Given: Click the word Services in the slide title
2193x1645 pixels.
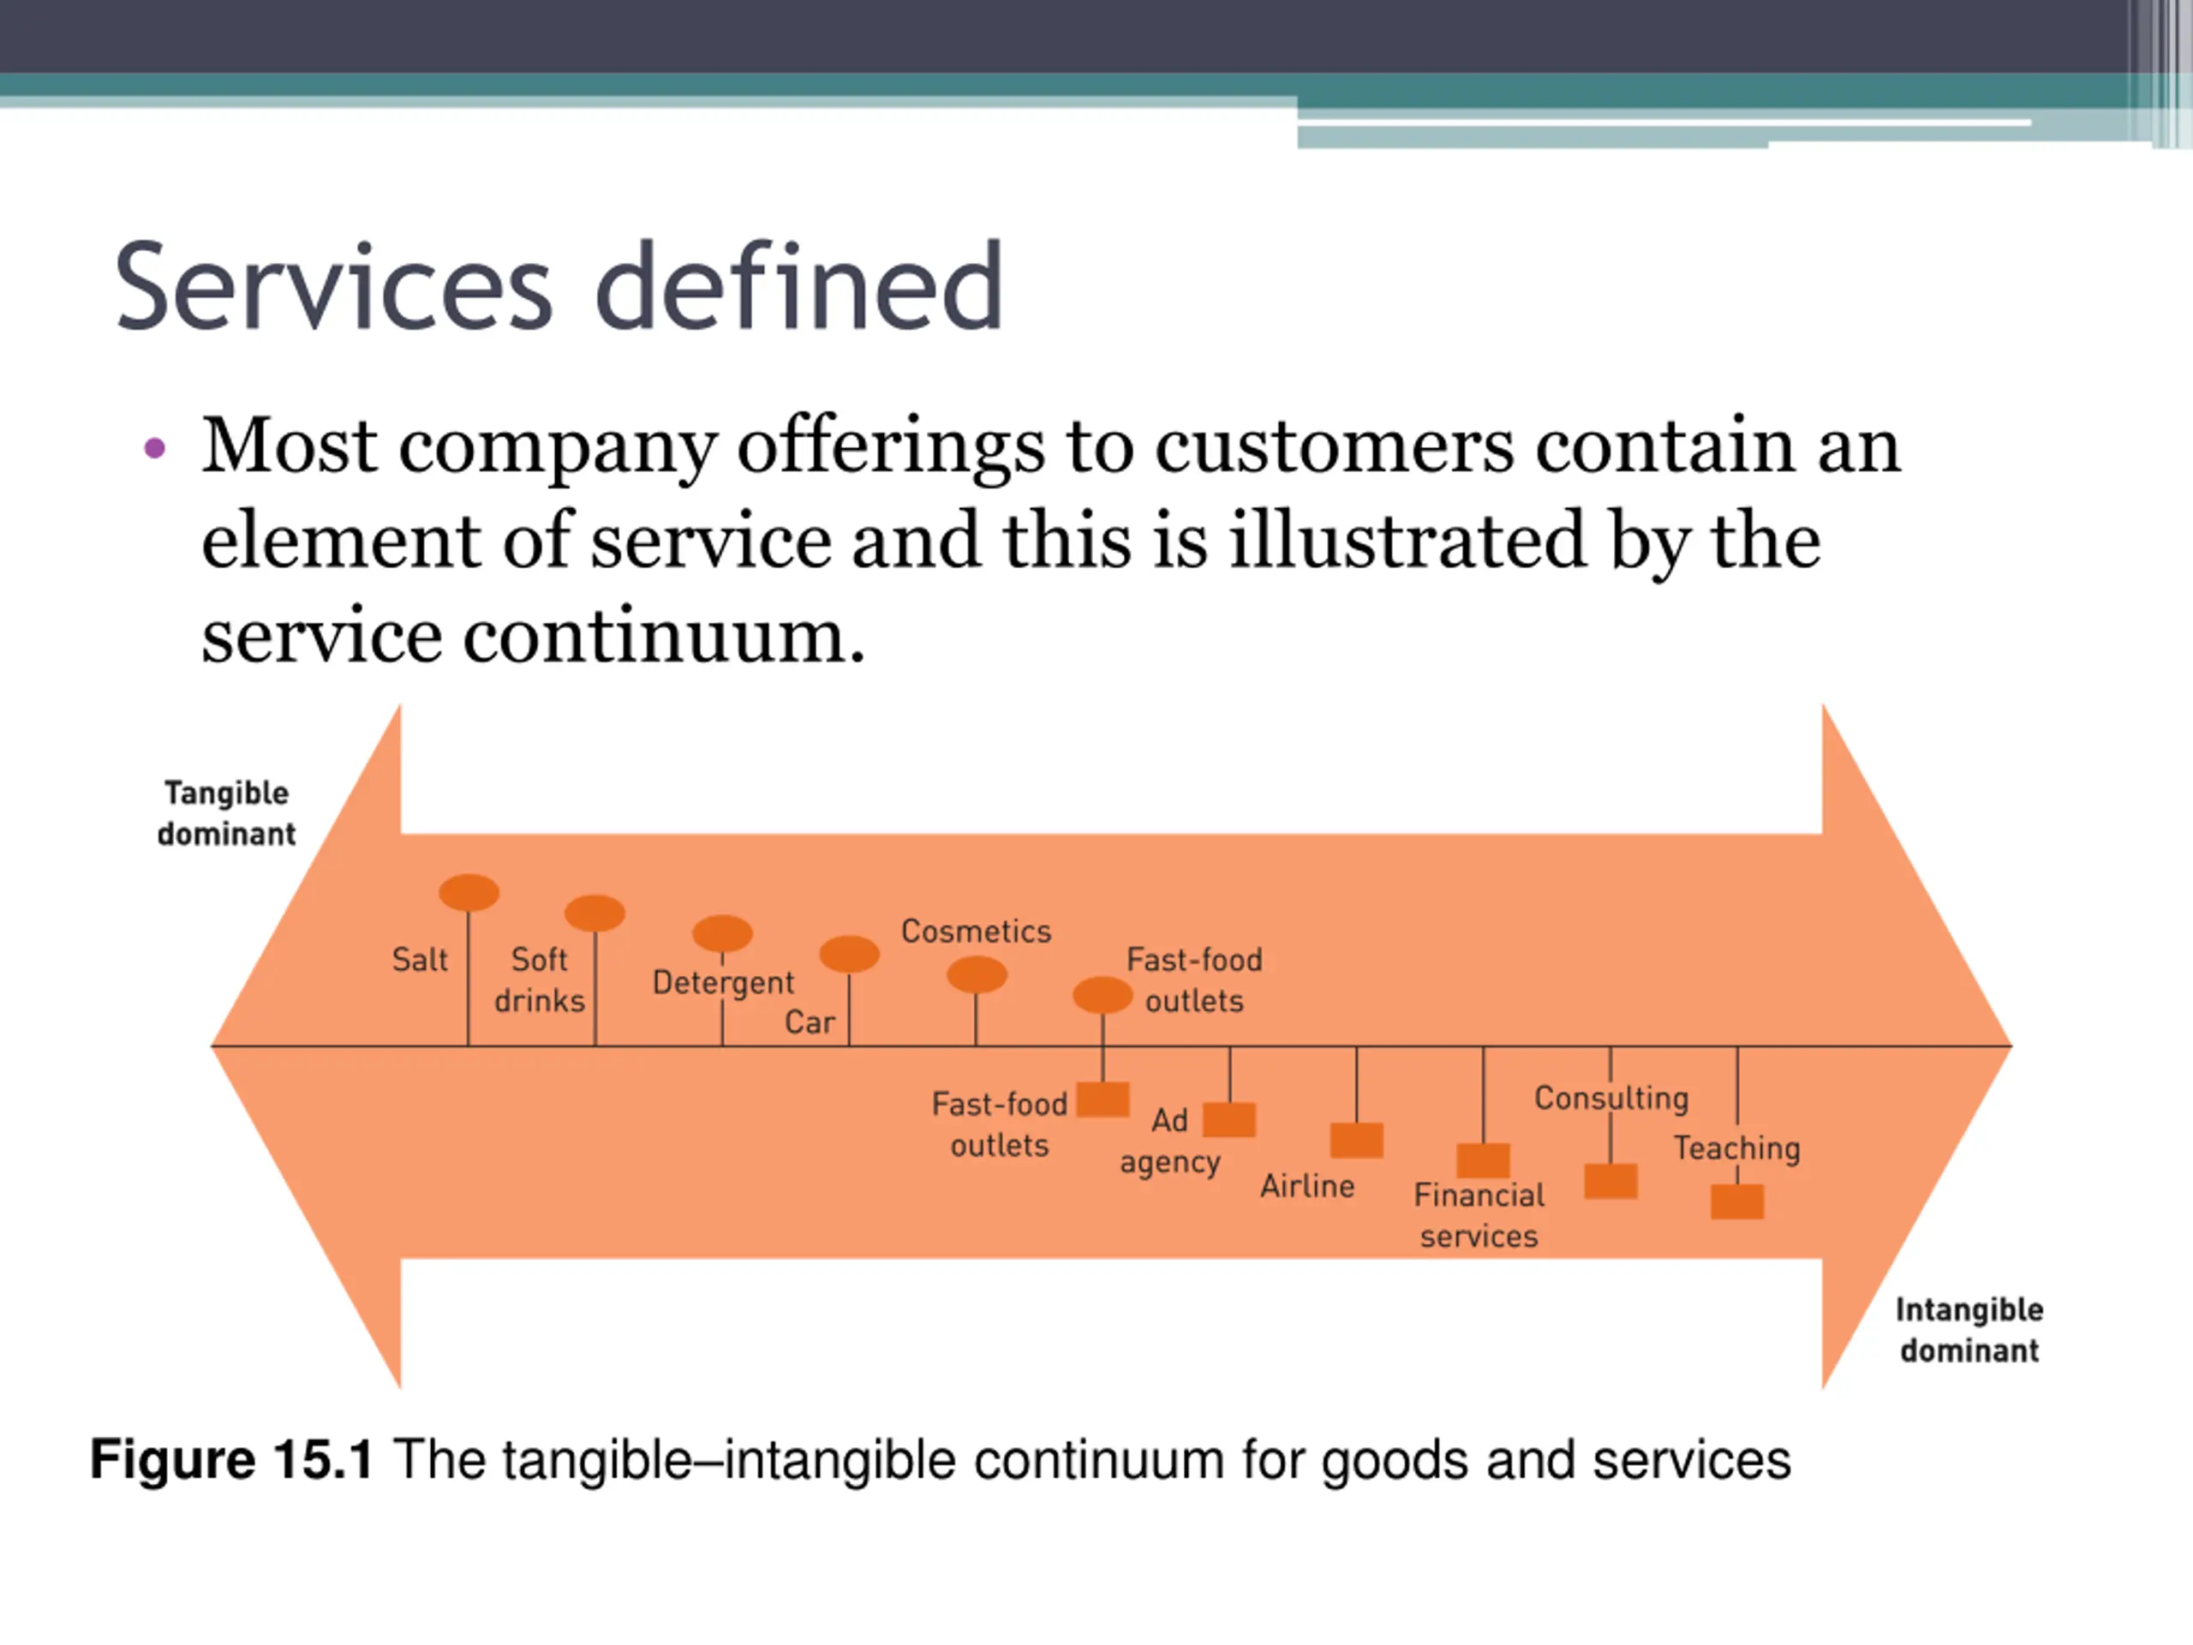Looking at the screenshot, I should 333,288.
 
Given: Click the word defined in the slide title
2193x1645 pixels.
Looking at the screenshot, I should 799,288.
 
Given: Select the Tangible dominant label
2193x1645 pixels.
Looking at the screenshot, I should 226,813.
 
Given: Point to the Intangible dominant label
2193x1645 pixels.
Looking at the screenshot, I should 1969,1330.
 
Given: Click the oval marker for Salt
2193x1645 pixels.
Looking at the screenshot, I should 469,893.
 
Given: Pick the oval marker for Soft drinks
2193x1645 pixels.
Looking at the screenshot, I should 595,913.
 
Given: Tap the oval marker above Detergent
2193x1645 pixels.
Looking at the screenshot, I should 722,933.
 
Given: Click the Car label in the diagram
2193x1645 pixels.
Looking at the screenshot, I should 809,1022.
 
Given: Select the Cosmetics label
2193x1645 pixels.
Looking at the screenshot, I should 976,931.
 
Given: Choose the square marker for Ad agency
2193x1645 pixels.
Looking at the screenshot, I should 1229,1120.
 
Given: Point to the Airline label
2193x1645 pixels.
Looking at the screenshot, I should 1306,1186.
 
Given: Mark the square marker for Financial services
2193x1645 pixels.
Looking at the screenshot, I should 1483,1160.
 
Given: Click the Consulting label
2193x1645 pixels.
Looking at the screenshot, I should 1611,1098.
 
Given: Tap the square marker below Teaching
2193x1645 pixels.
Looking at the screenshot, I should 1737,1202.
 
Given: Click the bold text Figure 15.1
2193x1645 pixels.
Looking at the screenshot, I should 231,1460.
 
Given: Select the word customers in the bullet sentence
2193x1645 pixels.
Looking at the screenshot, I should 1335,446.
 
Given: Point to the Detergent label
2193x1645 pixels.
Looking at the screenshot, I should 723,983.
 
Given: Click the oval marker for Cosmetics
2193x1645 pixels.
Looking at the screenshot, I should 977,975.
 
